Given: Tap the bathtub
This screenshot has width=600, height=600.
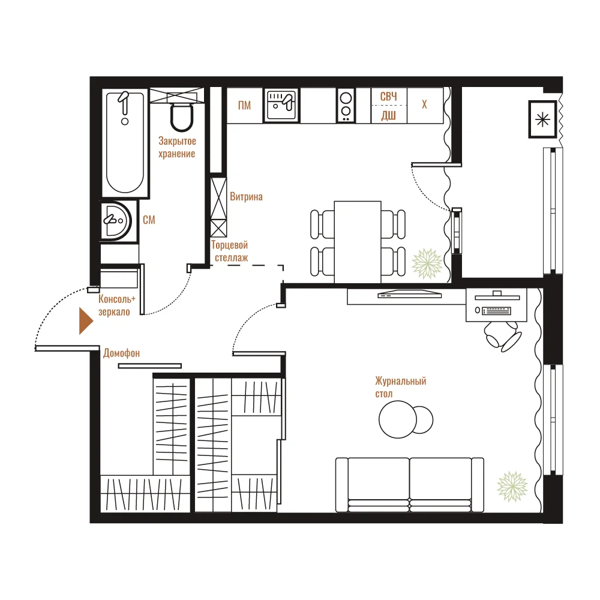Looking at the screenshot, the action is [x=125, y=142].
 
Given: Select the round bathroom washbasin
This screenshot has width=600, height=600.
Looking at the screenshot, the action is [x=116, y=221].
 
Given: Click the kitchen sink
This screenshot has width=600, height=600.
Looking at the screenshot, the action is [x=281, y=105].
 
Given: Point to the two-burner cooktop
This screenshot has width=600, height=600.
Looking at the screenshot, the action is [x=346, y=105].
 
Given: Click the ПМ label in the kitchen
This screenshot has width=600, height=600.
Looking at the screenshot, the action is [x=245, y=105].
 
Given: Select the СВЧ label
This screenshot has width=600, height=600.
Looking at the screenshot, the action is [x=388, y=97].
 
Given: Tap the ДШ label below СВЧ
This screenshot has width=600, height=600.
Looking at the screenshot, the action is [x=388, y=115].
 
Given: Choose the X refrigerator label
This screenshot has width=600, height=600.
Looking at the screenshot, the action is [x=424, y=104].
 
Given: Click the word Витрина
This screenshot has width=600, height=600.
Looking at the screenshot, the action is [x=246, y=197].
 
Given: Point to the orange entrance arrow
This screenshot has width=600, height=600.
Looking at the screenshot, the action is [x=86, y=320].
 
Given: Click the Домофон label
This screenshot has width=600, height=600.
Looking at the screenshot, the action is [x=121, y=353].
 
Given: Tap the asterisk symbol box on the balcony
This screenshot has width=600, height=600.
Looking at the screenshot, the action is [x=542, y=119].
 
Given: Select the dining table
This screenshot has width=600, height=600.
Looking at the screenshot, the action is [x=358, y=242].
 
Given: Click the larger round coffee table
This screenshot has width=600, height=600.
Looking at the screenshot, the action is [x=398, y=419].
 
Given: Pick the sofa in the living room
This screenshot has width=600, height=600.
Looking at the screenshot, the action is [x=409, y=485].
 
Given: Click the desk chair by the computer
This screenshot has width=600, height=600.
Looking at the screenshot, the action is [x=502, y=335].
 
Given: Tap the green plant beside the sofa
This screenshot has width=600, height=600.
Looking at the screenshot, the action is [x=512, y=487].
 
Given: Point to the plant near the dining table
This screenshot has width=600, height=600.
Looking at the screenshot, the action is [x=427, y=263].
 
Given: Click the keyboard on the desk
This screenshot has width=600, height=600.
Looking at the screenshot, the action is [x=497, y=311].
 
